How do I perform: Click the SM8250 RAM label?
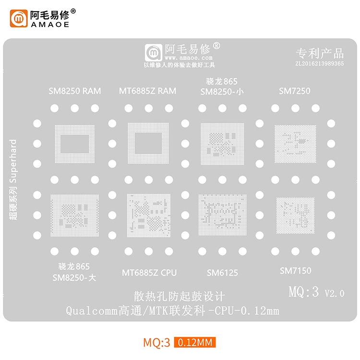coord(74,91)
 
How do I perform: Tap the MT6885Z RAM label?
coord(148,91)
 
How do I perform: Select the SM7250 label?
coord(295,91)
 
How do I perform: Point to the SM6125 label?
coord(222,273)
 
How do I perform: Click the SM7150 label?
coord(296,271)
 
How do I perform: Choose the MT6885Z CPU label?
coord(149,273)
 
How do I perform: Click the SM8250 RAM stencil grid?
coord(74,144)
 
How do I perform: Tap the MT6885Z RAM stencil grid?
coord(148,143)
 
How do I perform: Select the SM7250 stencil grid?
coord(295,144)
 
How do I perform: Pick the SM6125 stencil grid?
coord(222,215)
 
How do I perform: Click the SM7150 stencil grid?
coord(295,216)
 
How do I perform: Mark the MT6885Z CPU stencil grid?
coord(149,216)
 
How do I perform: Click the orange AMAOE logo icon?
coord(19,18)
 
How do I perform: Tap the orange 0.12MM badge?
coord(195,342)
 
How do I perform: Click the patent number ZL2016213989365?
coord(320,63)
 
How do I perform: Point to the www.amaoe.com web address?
coord(189,58)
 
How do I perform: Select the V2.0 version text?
coord(334,293)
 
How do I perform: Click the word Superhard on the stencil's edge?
coord(13,161)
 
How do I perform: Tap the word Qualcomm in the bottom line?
coord(92,311)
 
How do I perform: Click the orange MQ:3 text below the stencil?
coord(156,343)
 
